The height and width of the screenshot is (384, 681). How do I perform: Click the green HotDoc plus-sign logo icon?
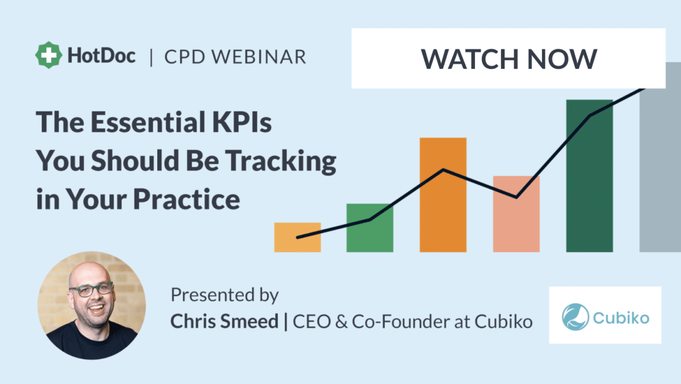click(x=49, y=55)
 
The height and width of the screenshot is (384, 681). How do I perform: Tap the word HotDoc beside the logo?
click(x=102, y=56)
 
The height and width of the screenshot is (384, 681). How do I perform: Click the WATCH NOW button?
click(x=508, y=59)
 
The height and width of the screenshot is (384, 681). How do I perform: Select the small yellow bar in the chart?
click(x=297, y=237)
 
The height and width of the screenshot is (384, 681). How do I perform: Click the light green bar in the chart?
click(x=370, y=227)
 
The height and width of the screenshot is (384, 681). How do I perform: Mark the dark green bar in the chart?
click(x=589, y=176)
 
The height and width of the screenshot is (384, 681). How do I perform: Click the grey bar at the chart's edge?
click(x=660, y=170)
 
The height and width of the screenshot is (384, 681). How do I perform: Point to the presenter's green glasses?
click(x=91, y=289)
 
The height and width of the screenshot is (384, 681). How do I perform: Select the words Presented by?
click(x=225, y=295)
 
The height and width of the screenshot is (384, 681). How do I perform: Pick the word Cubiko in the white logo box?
click(x=620, y=317)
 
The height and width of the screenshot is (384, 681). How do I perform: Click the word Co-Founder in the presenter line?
click(x=395, y=322)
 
